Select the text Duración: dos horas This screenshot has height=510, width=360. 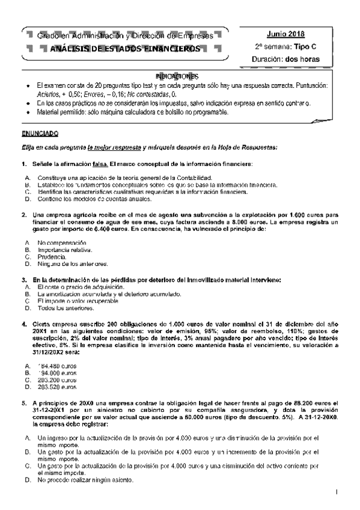click(285, 59)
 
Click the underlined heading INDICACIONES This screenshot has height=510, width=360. click(176, 77)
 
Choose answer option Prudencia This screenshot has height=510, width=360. click(52, 257)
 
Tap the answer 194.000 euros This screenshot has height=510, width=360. click(57, 373)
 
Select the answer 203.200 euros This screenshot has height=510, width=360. click(57, 380)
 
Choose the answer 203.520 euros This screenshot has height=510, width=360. click(57, 387)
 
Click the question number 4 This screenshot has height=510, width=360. click(23, 324)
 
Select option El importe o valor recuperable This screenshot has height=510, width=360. click(79, 301)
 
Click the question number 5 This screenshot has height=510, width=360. click(23, 403)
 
